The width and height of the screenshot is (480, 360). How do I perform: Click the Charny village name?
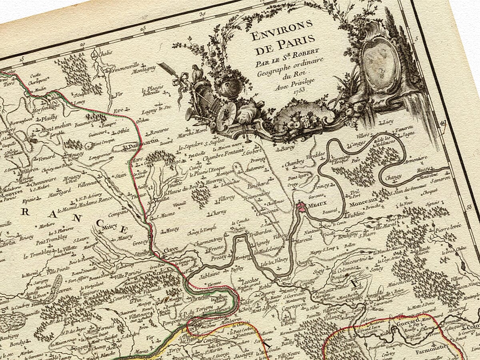pos(218,212)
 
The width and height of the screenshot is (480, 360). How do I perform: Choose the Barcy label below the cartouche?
pos(288,148)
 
